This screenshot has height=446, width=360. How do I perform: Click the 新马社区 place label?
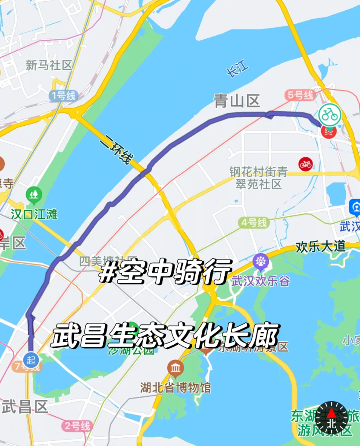click(49, 65)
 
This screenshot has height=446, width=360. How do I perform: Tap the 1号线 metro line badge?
click(63, 96)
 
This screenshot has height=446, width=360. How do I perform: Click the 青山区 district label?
click(237, 101)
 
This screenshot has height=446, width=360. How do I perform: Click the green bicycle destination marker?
click(330, 115)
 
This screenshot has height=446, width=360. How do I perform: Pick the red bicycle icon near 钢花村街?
click(305, 164)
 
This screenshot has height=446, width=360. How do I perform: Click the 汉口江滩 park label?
click(34, 214)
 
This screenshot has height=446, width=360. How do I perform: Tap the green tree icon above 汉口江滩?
click(34, 195)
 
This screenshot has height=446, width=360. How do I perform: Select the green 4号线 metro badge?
click(254, 223)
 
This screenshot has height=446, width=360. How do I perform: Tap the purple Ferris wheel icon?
click(260, 261)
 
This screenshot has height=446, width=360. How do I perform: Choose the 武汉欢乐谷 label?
click(261, 281)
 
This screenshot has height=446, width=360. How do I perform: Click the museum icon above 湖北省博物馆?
click(175, 368)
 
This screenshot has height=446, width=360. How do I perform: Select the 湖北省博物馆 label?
click(175, 387)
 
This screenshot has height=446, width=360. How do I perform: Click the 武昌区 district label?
click(25, 407)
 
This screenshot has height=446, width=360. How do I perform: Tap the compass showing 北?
click(331, 417)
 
